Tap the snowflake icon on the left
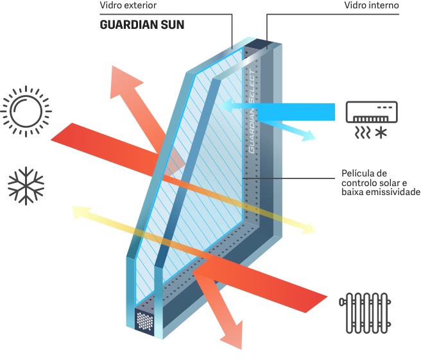[x=27, y=187]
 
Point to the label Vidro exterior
[x=128, y=6]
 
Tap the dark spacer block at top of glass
[x=260, y=44]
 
